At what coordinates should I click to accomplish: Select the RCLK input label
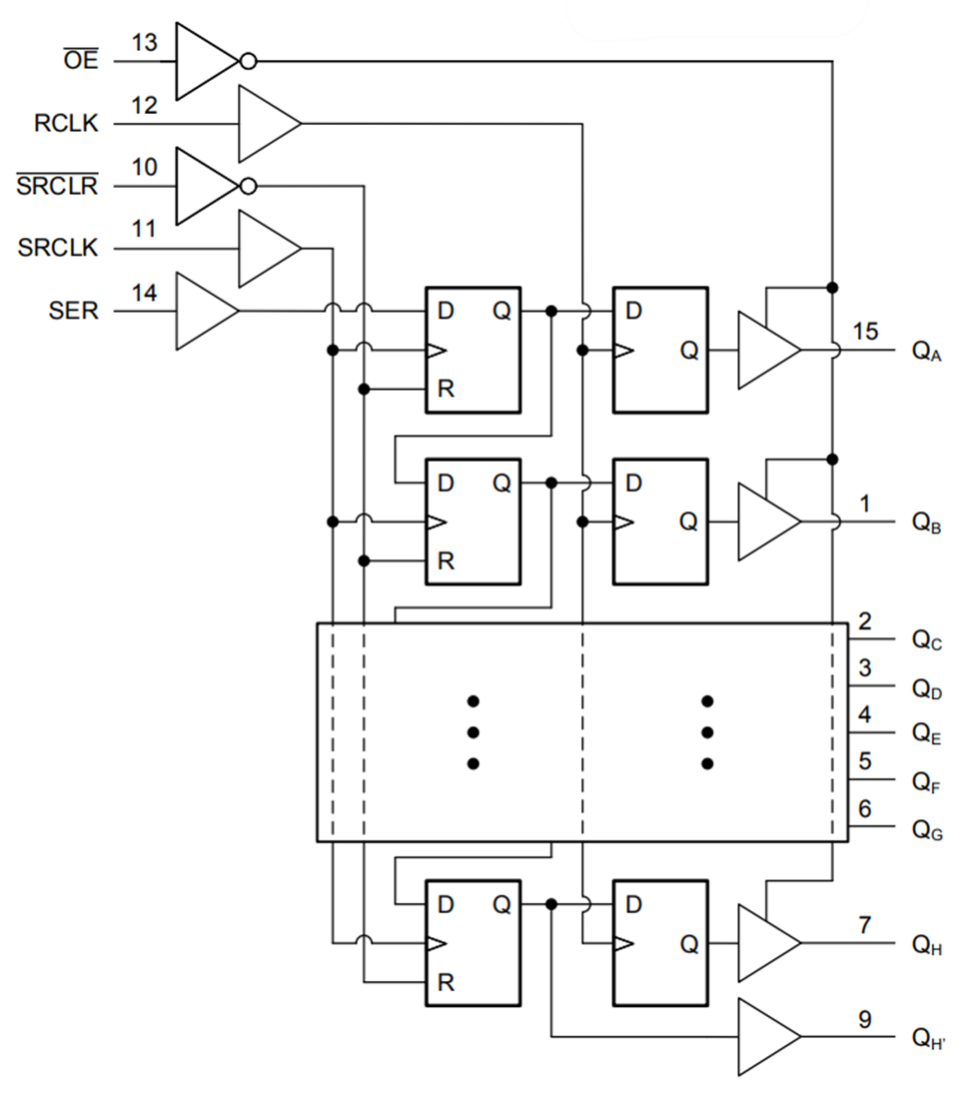[x=66, y=125]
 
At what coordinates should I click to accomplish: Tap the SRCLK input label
[x=59, y=249]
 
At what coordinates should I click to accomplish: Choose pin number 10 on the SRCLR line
[x=145, y=166]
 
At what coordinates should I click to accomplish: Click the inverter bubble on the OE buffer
[x=248, y=62]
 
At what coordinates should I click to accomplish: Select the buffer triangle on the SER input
[x=204, y=312]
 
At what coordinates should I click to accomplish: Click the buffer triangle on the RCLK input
[x=266, y=124]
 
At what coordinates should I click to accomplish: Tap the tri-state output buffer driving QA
[x=765, y=350]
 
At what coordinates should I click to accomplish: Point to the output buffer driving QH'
[x=765, y=1037]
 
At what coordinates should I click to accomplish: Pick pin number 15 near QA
[x=866, y=331]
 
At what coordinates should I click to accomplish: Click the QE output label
[x=927, y=733]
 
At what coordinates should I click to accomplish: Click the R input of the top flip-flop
[x=446, y=389]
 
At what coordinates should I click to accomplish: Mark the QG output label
[x=927, y=828]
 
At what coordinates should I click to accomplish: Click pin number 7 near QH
[x=865, y=924]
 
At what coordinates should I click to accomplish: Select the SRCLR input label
[x=57, y=187]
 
